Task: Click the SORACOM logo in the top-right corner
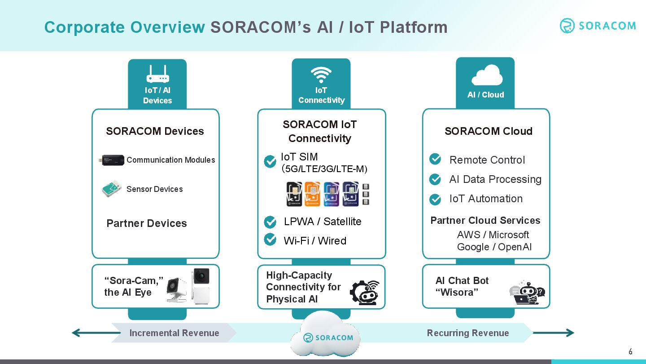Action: click(598, 26)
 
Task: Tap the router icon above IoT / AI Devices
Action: click(157, 74)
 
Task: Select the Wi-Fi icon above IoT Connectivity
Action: click(321, 75)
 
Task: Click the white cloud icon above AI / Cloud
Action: click(486, 75)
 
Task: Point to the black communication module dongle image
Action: click(113, 160)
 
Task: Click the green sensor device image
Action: click(112, 189)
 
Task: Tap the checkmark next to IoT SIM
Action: click(270, 162)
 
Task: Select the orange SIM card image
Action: click(313, 194)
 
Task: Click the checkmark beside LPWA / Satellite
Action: click(270, 222)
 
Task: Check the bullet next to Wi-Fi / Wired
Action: click(270, 239)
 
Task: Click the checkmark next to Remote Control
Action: click(435, 159)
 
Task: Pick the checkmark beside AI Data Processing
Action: click(435, 179)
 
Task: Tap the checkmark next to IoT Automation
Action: click(435, 199)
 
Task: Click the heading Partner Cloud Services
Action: click(485, 221)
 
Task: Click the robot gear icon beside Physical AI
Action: click(364, 292)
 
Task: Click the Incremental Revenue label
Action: click(174, 333)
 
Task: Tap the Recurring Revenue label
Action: click(468, 333)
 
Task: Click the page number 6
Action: click(630, 351)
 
